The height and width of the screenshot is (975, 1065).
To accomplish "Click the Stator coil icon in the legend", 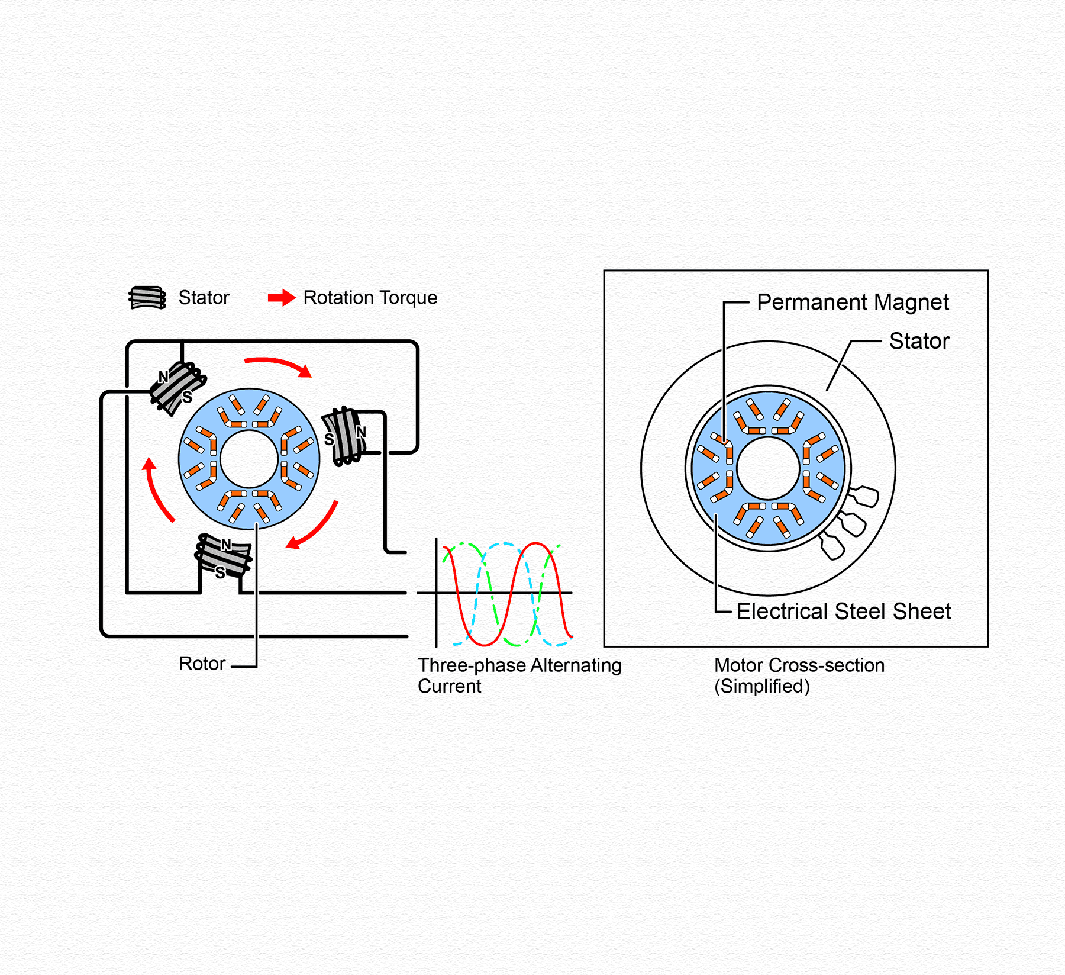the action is pos(147,298).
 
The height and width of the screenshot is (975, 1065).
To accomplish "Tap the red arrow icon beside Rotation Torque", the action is pos(282,298).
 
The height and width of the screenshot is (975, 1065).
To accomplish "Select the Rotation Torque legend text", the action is pos(370,298).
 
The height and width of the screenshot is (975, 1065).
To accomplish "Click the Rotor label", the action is pos(202,664).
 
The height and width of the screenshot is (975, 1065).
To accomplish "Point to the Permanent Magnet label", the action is pos(853,303).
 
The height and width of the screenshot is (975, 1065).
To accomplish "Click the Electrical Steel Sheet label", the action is pos(844,612).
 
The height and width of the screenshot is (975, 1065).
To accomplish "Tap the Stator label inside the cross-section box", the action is pos(919,341).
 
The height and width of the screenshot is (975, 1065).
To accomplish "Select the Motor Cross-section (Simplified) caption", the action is pos(799,675).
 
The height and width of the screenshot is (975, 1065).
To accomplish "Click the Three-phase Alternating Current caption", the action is pos(519,675).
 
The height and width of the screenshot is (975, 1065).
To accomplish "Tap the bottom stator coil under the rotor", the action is pos(223,556).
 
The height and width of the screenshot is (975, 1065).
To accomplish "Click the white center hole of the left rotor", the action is pos(249,459).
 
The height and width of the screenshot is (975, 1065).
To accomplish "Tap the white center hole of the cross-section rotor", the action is pos(768,468).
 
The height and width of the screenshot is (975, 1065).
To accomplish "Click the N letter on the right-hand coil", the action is pos(360,432).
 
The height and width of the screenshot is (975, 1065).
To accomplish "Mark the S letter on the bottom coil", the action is pos(220,572).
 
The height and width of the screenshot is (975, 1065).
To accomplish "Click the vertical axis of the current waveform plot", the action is pos(437,593).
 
